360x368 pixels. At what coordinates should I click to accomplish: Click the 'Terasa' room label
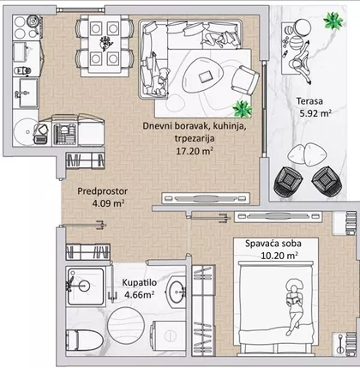(309, 101)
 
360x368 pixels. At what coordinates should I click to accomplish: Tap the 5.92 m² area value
(315, 113)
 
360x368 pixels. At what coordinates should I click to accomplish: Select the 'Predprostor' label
(103, 191)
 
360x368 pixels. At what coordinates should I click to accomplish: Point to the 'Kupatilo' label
(140, 282)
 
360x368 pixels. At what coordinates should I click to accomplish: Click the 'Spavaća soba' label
(273, 244)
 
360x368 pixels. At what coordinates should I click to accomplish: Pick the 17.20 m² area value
(195, 151)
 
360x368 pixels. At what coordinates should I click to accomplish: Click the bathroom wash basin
(176, 292)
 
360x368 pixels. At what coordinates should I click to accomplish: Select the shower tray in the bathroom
(86, 287)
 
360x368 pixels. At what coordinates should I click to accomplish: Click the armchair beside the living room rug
(245, 81)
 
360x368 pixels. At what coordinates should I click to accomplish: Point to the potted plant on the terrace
(333, 21)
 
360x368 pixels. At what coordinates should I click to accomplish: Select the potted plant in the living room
(243, 109)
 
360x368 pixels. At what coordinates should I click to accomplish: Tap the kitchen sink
(27, 93)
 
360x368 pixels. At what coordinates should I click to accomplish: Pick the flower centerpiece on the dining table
(105, 44)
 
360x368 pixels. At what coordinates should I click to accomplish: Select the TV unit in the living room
(206, 198)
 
